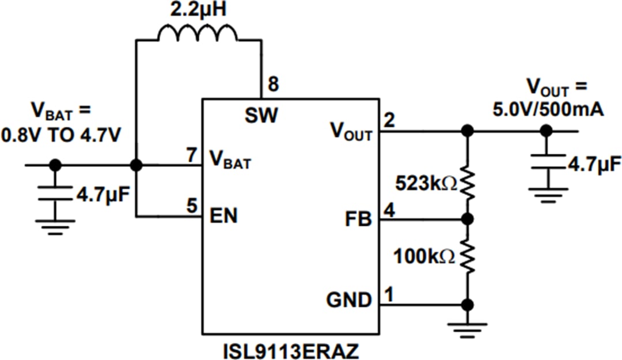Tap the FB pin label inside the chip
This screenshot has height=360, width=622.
tap(359, 219)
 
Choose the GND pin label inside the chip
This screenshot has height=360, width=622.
tap(349, 300)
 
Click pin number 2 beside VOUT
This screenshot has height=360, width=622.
tap(389, 121)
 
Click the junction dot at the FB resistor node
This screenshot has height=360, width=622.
tap(468, 219)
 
